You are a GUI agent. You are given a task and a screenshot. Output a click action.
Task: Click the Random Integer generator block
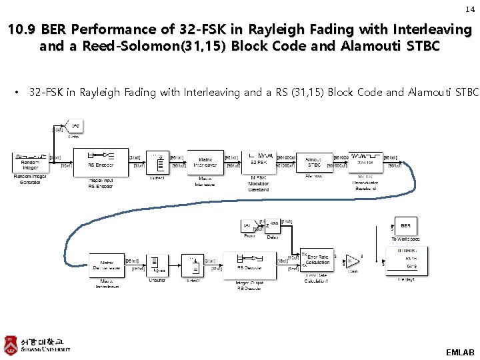point(30,162)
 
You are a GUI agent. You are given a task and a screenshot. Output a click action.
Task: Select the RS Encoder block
point(101,161)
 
